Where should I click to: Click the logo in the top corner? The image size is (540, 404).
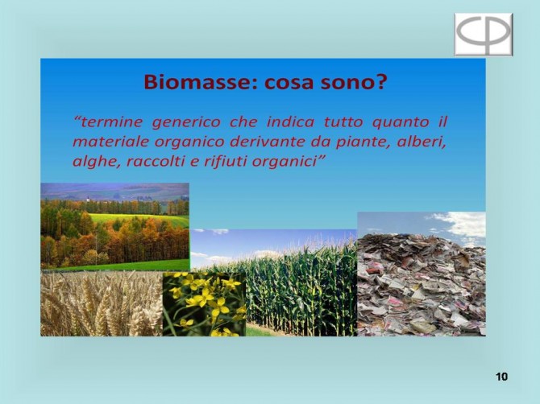(484, 35)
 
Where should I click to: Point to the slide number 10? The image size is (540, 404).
(502, 377)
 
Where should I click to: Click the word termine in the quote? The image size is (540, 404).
(108, 122)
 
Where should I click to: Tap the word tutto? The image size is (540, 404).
(343, 122)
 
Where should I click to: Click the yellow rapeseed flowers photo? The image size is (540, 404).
(204, 304)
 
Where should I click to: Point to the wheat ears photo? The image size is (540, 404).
(102, 303)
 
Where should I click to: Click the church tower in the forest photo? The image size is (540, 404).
(88, 200)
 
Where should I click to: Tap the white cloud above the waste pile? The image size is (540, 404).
(462, 224)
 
